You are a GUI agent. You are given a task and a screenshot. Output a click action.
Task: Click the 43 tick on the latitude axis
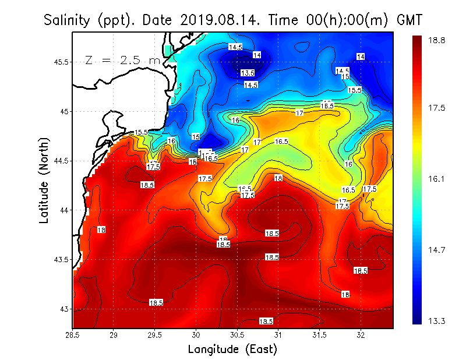click(63, 308)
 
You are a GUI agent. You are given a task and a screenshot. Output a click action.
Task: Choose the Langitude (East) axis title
click(232, 350)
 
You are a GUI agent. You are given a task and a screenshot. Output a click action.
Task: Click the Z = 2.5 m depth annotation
click(122, 60)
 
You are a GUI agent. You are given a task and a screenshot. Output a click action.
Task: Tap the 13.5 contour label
click(248, 73)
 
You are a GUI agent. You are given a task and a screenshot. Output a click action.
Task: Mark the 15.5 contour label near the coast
click(141, 133)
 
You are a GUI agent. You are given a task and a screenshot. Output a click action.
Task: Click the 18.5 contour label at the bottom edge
click(266, 321)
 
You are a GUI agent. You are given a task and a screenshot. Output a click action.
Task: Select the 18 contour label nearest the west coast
click(101, 230)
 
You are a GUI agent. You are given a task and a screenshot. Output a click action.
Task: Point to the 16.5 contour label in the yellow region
click(282, 142)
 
